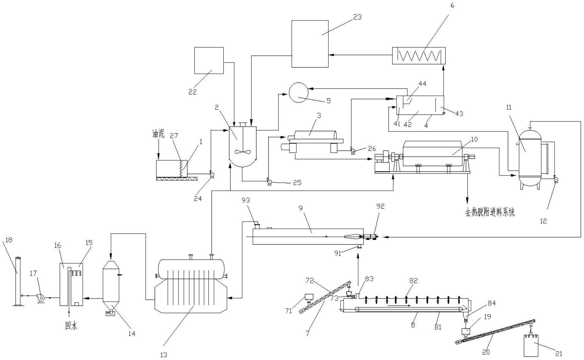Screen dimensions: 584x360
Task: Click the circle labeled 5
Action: click(x=298, y=92)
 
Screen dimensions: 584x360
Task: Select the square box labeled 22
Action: click(x=209, y=60)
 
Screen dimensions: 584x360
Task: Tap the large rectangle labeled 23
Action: click(x=310, y=44)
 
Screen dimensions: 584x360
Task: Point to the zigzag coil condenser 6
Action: click(x=419, y=56)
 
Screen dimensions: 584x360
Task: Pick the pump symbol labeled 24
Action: click(x=212, y=175)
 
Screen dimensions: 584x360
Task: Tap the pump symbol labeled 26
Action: click(x=353, y=151)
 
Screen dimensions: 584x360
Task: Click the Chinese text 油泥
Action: click(x=158, y=134)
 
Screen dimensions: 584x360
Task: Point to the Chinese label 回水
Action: click(x=71, y=326)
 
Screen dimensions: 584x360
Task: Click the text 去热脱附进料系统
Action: click(x=490, y=212)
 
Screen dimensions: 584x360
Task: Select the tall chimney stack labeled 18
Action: click(x=18, y=281)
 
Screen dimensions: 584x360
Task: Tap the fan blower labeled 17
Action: click(x=40, y=297)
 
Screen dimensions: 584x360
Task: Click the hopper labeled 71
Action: click(x=309, y=297)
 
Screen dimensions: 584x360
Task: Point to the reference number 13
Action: click(x=164, y=355)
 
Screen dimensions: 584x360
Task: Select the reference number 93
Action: click(x=246, y=200)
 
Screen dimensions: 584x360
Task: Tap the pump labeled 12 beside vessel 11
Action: click(x=555, y=179)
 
